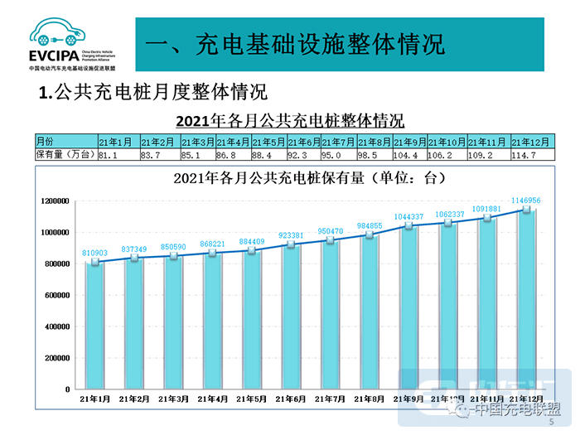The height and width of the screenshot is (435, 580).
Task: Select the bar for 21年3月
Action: [174, 323]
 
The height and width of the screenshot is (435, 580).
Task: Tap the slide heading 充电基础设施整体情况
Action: [290, 44]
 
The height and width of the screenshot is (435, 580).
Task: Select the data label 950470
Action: [330, 230]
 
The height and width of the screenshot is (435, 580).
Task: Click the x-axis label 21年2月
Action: [135, 399]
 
